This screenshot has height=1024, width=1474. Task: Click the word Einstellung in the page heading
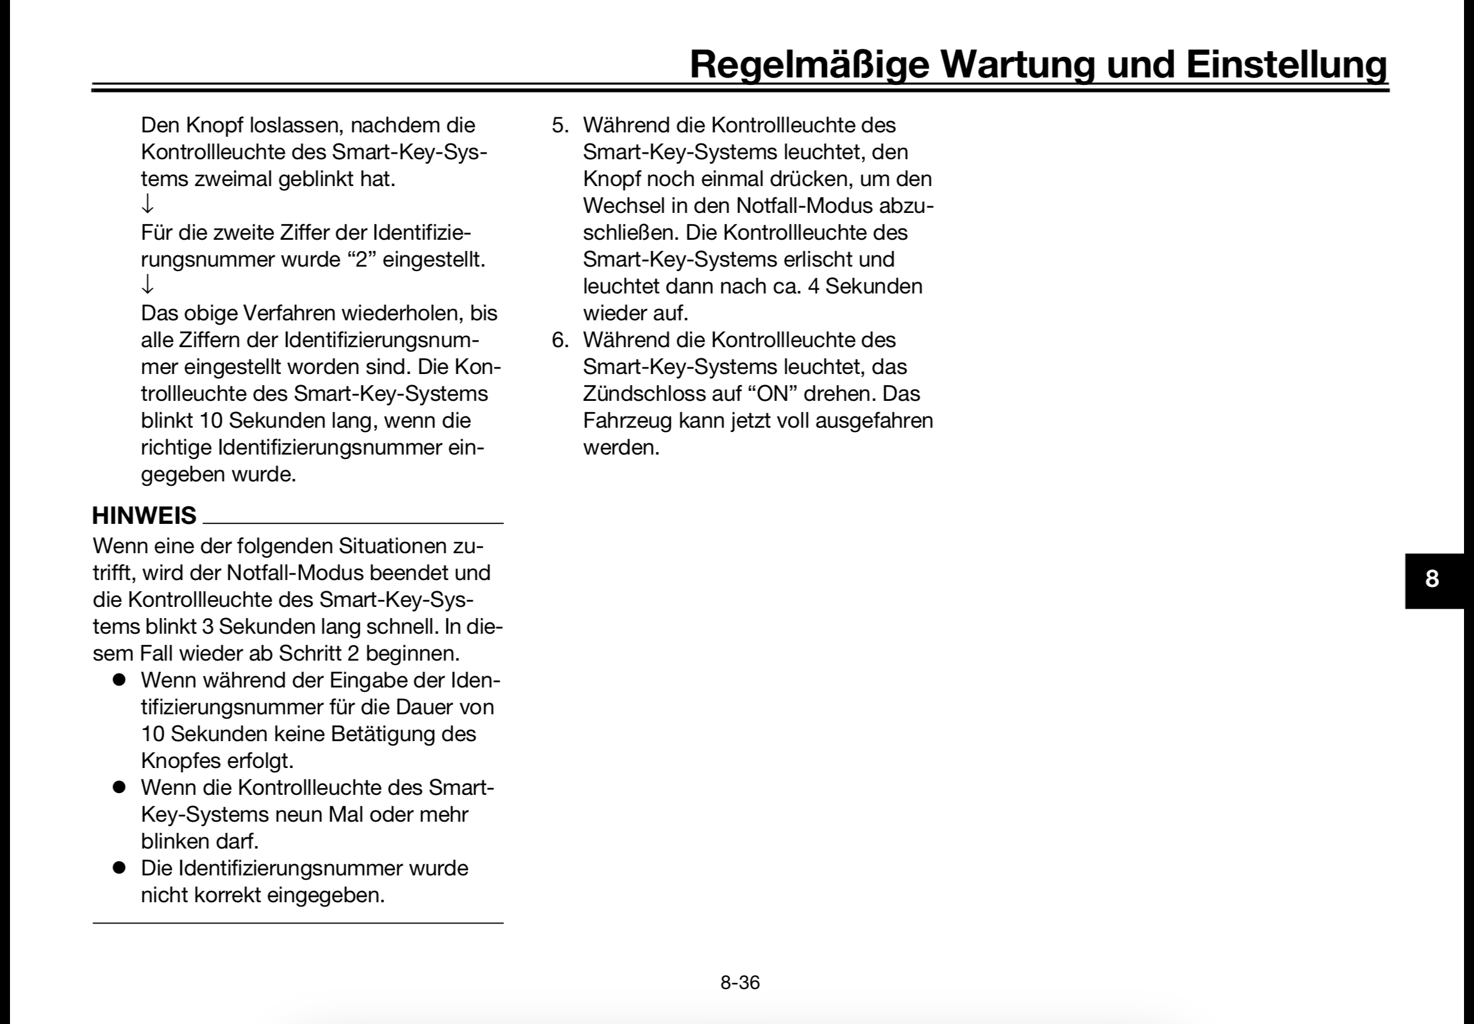1286,64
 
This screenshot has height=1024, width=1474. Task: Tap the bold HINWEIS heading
144,516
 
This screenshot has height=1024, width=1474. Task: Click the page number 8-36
739,982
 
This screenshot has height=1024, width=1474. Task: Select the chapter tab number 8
1432,579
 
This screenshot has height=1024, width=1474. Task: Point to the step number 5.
560,126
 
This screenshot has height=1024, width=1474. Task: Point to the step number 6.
560,340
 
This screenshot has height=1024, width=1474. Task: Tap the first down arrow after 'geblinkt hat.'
147,205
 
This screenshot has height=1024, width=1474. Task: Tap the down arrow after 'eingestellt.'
147,285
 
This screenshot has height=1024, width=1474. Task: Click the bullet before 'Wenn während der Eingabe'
118,680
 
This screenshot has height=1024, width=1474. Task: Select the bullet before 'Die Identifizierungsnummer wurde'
118,868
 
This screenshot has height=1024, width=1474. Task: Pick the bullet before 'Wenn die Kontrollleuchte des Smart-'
118,787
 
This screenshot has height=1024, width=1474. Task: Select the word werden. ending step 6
621,447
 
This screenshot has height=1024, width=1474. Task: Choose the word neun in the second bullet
299,815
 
